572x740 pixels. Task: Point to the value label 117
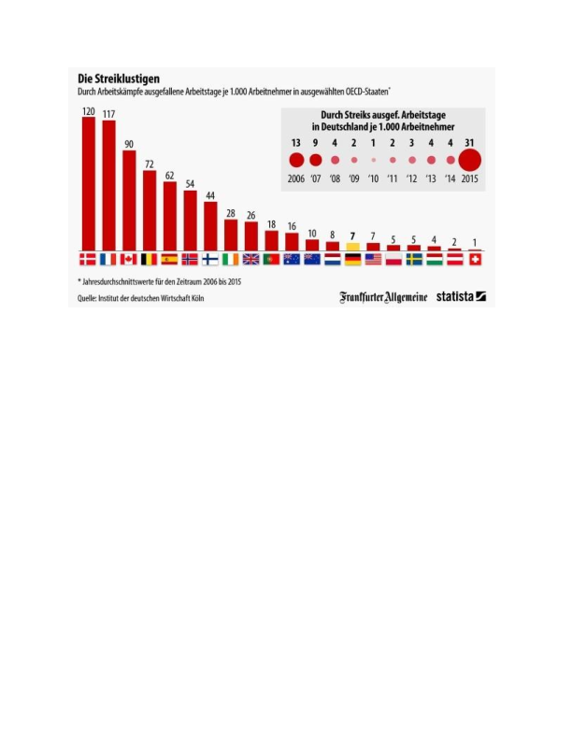point(108,114)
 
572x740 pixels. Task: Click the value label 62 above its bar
point(169,175)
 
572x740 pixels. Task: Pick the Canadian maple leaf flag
point(129,259)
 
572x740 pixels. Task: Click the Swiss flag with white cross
point(474,259)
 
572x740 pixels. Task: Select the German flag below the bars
point(352,259)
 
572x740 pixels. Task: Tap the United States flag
point(373,259)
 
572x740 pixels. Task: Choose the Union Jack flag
point(250,259)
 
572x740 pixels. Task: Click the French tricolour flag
point(108,259)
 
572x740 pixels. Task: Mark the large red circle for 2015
point(469,160)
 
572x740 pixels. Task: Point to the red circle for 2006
point(296,160)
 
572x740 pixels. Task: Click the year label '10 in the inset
point(373,178)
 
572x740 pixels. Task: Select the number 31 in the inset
point(469,142)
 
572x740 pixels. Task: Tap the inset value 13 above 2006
point(296,142)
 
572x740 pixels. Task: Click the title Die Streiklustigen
point(118,79)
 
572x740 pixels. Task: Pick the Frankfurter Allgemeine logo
point(383,297)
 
